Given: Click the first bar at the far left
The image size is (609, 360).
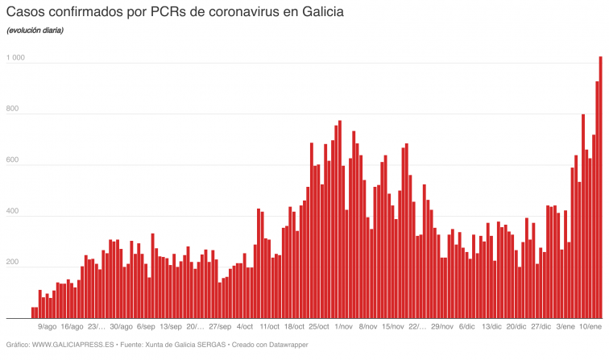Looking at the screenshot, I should (x=33, y=312).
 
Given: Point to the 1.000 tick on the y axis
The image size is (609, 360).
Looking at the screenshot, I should (x=15, y=59).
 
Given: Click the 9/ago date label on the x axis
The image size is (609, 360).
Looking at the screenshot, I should (x=48, y=327).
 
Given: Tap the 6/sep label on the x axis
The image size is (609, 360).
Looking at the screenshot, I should (x=146, y=327).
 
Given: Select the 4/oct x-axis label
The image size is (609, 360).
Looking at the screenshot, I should (x=245, y=327).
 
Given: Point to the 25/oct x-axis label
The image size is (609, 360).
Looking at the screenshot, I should (x=319, y=327).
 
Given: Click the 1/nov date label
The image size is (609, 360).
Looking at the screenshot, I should (x=343, y=327).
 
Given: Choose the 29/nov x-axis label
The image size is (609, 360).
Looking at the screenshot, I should (x=442, y=327).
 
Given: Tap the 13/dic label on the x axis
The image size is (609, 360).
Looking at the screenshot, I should (x=491, y=327).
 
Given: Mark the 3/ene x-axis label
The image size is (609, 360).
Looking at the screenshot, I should (x=565, y=327).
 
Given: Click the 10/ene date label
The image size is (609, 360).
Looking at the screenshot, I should (x=590, y=327).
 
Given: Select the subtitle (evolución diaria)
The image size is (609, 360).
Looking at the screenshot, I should (x=35, y=31).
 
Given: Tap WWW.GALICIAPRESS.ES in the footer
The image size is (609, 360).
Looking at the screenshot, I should (x=73, y=346).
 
